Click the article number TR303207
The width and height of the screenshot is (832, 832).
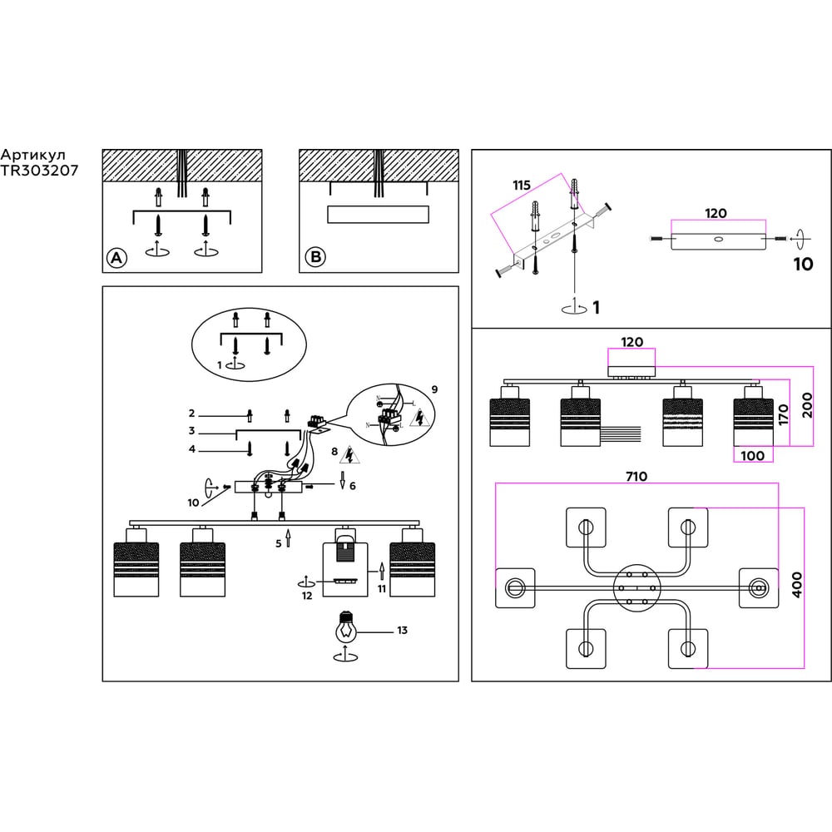40,170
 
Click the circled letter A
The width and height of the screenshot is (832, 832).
116,258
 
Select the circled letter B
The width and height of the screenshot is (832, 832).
314,258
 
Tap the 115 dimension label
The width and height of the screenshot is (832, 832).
522,185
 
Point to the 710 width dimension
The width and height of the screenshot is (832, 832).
636,477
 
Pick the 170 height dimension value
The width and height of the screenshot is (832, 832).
783,416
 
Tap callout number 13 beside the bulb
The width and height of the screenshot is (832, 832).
402,631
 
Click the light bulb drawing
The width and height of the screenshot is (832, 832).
345,628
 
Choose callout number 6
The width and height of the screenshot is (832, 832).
353,485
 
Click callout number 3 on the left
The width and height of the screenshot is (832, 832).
191,431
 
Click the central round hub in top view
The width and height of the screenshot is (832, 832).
636,587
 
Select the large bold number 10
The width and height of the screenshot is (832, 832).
803,265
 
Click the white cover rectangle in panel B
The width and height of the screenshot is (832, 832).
379,215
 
